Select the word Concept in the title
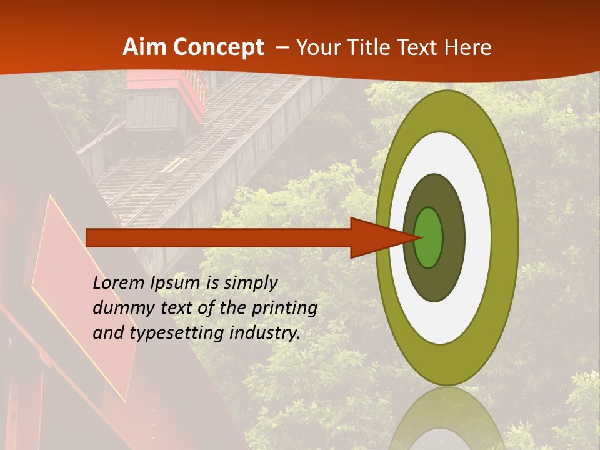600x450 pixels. click(x=219, y=48)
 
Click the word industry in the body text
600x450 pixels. click(x=265, y=333)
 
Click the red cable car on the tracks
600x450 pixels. click(x=166, y=100)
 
